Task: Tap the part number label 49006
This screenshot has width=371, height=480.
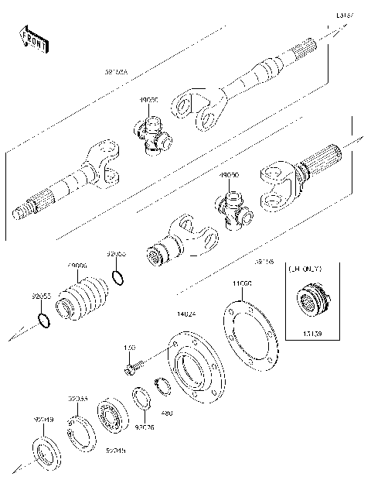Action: point(77,266)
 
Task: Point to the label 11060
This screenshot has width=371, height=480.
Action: point(242,285)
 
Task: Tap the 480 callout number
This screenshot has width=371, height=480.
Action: point(167,413)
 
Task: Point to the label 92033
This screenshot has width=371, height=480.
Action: point(77,399)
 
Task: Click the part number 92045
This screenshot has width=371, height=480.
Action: point(117,450)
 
